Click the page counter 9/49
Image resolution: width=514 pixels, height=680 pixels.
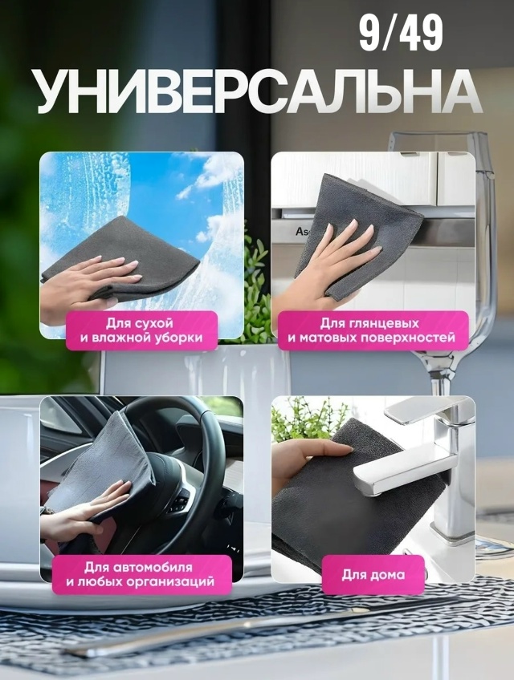coord(401,35)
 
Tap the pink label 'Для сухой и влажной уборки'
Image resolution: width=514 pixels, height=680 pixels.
coord(141,330)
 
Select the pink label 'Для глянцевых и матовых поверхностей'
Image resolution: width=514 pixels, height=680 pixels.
coord(372,330)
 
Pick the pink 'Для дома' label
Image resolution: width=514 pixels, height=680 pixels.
coord(373,574)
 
